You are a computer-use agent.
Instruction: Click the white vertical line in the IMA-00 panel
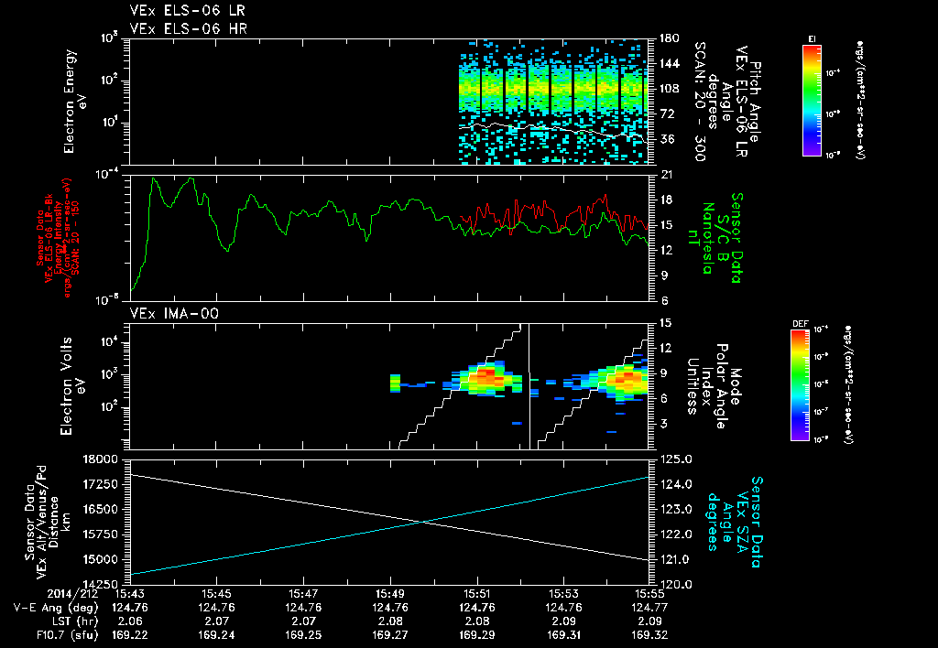tap(530, 384)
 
